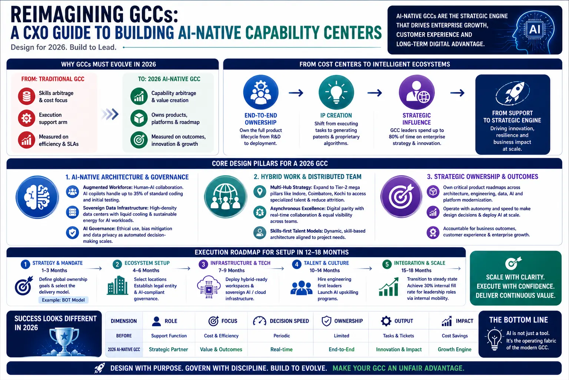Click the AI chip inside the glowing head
535,29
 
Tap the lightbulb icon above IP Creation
336,92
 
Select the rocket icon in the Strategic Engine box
512,93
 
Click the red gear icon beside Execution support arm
26,118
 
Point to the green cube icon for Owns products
139,118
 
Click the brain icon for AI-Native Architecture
37,197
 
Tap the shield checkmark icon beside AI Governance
72,232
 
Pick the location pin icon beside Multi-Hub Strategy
260,191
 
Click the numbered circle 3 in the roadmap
203,265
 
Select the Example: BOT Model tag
63,300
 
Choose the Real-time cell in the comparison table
282,350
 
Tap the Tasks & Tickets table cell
398,336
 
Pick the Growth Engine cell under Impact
455,350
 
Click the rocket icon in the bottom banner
99,368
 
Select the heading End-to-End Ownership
261,119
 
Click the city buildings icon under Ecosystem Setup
117,286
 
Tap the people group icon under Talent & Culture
301,288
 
